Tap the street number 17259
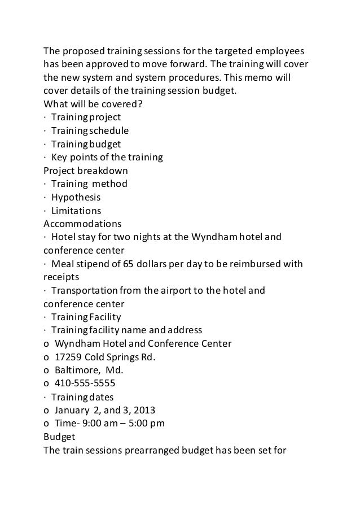point(68,357)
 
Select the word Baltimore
point(75,370)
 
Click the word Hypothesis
point(76,197)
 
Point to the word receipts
point(62,277)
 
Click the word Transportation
point(85,291)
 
